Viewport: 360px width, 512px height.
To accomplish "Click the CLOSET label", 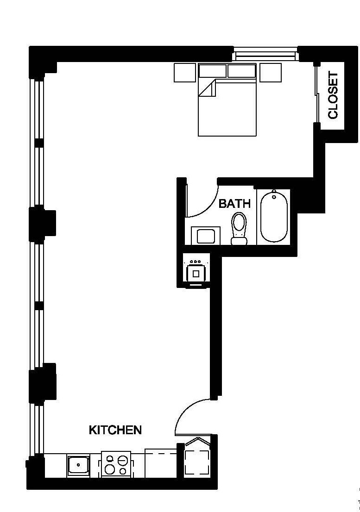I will tap(333, 95).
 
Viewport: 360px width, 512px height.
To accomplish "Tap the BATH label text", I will tap(234, 204).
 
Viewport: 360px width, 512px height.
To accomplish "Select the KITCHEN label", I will tap(115, 430).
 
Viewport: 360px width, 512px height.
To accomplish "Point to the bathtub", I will tap(273, 217).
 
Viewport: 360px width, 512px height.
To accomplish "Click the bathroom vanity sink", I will tap(205, 236).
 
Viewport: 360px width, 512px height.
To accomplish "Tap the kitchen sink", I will tap(78, 465).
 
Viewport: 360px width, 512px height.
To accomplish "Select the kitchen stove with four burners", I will tap(116, 464).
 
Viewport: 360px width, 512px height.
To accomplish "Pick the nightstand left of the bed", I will tap(184, 73).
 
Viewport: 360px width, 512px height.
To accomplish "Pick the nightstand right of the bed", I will tap(270, 73).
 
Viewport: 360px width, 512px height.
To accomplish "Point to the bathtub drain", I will tap(274, 197).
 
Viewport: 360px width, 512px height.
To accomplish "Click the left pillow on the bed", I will tap(213, 71).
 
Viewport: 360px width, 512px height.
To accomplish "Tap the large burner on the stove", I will tap(122, 461).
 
